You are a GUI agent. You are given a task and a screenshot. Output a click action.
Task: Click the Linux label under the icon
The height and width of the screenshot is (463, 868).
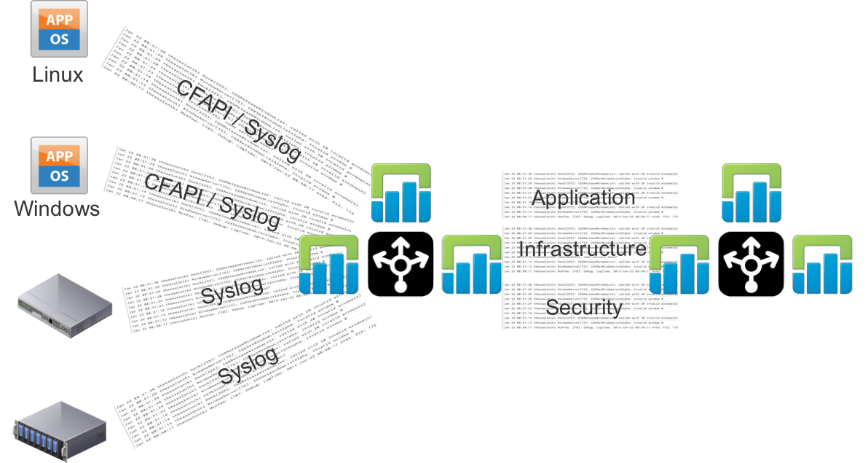point(58,74)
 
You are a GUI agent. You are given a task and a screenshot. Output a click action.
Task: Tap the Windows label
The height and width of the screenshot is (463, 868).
point(57,209)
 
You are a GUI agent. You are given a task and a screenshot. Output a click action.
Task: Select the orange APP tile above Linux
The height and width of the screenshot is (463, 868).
point(59,20)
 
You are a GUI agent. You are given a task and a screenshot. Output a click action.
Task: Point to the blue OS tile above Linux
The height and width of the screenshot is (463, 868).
point(59,39)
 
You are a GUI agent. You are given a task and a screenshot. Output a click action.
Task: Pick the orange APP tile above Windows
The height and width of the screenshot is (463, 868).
point(58,155)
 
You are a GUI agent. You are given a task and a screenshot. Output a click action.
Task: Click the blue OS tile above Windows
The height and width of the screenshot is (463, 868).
point(58,175)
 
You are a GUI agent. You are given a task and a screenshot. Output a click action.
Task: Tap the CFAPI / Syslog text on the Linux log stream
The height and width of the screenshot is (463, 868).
point(238,120)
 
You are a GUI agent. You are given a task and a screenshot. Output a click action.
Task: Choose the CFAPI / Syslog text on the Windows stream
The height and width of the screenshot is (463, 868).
point(212,201)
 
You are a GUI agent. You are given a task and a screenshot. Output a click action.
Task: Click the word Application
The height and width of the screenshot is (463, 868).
point(583,198)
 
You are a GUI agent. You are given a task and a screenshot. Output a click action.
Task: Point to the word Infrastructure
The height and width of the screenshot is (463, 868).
point(582,249)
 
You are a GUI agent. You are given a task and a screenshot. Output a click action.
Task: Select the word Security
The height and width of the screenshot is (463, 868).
point(583,307)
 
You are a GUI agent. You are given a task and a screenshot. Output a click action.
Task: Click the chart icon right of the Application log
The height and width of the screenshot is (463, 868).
point(751,193)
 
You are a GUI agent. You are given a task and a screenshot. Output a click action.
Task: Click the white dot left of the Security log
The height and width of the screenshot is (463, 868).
point(400,287)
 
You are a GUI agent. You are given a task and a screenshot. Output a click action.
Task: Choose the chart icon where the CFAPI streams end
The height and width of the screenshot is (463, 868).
point(401,193)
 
